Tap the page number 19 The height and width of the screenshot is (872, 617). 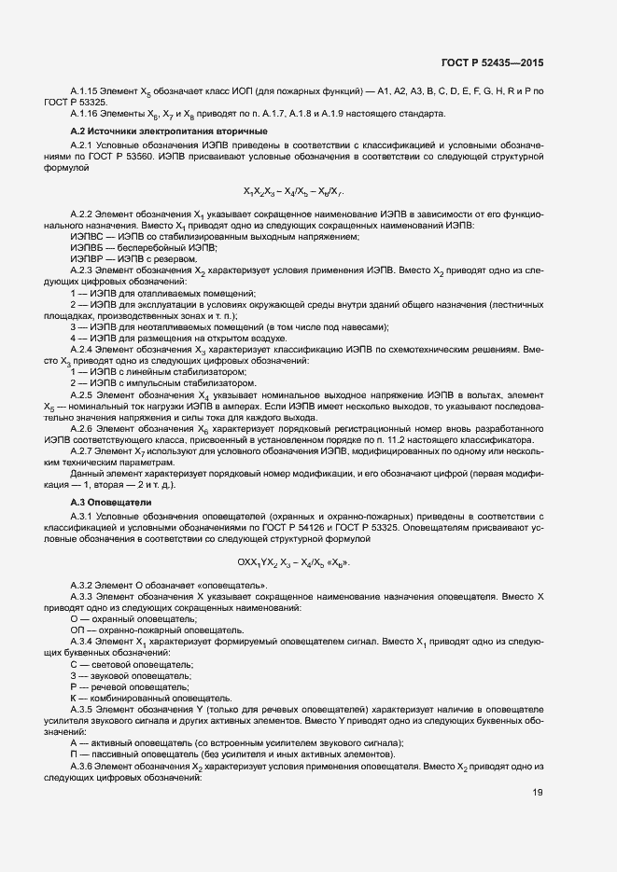[x=537, y=793]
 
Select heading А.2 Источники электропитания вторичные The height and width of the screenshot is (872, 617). [x=169, y=131]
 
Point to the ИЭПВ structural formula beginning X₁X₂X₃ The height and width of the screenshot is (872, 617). [x=294, y=192]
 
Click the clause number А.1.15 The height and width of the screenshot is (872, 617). [x=87, y=90]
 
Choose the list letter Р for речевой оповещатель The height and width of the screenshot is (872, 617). [x=74, y=685]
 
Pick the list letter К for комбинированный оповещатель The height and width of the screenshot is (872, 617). [x=74, y=697]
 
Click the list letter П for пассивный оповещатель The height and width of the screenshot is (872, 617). [x=74, y=754]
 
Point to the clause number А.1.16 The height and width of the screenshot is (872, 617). [x=87, y=114]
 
